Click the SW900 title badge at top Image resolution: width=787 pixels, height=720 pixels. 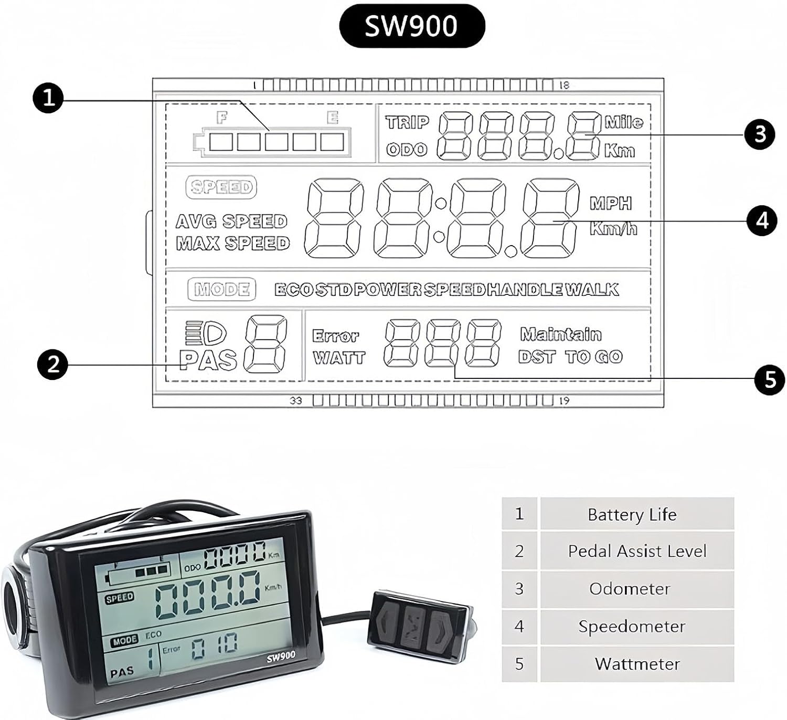[x=412, y=26]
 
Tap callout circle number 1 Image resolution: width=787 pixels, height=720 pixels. [x=48, y=98]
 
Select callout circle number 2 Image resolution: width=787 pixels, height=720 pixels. [x=53, y=364]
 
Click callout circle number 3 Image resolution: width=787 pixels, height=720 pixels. [x=759, y=134]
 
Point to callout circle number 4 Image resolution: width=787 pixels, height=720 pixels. [x=762, y=220]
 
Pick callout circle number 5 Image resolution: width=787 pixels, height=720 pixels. [x=770, y=379]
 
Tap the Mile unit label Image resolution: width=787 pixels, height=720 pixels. [x=623, y=122]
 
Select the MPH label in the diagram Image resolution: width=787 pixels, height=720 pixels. [x=611, y=203]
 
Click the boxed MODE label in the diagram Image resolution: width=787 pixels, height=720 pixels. [x=221, y=289]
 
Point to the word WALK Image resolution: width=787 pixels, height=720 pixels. [x=592, y=289]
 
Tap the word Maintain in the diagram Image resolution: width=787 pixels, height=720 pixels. [x=560, y=334]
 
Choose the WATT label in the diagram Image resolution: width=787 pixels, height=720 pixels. [x=339, y=358]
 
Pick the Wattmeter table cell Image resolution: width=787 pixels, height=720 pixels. [x=636, y=664]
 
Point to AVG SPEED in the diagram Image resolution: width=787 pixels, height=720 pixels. [x=231, y=221]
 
